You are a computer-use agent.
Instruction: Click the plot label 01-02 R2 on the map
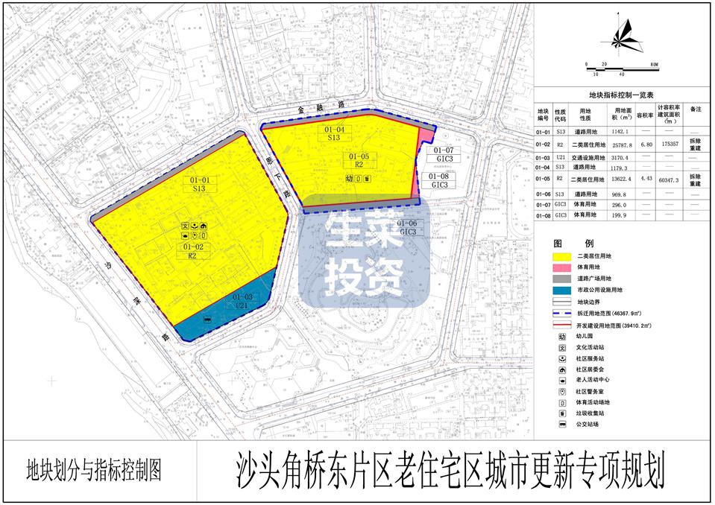point(192,251)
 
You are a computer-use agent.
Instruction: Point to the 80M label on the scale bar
point(653,65)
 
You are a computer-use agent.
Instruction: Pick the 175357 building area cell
point(669,145)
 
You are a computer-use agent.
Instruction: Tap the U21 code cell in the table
point(560,158)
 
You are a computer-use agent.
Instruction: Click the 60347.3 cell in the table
point(669,180)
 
